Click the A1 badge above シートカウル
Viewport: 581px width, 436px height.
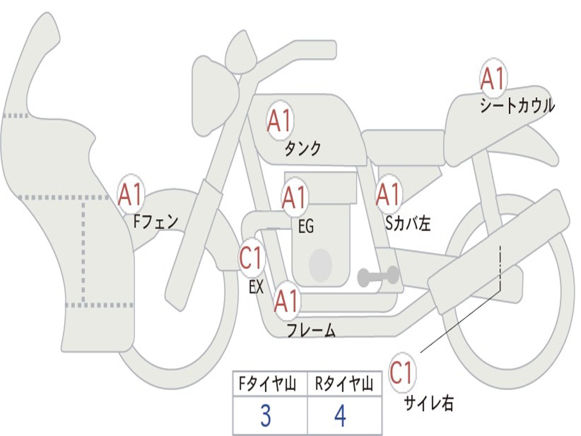(492, 79)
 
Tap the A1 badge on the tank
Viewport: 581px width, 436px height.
(279, 121)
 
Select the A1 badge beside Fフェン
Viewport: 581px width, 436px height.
(131, 195)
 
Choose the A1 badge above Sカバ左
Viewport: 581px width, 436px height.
(389, 195)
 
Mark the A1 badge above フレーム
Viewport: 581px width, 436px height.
(287, 301)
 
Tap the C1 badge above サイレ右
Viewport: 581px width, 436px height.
(402, 373)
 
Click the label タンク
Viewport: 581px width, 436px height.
(302, 149)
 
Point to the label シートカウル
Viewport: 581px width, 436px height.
(517, 106)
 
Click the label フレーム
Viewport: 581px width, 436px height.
(311, 330)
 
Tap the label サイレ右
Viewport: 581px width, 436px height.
(429, 403)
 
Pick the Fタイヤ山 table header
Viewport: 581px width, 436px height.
(267, 385)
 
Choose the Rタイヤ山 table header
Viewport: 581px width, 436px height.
(344, 385)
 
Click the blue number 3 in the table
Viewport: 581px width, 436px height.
(266, 416)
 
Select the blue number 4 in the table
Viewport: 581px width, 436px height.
(340, 416)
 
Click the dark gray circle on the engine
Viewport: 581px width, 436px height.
(320, 265)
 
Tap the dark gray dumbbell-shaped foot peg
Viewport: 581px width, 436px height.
(378, 276)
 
